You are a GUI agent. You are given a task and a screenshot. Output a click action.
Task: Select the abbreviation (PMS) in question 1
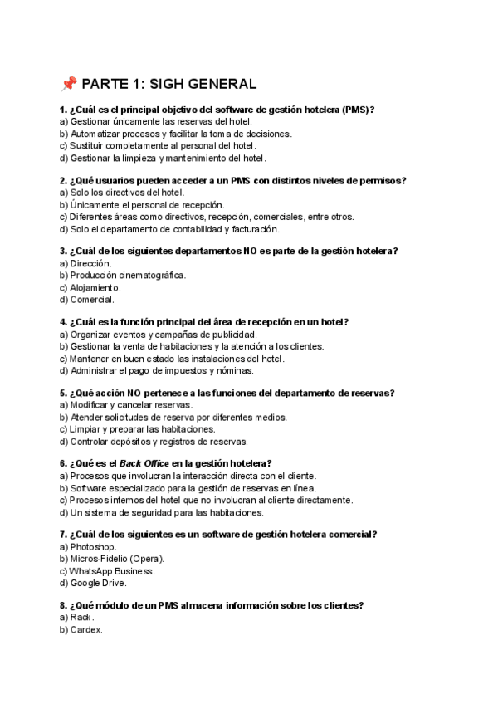tap(357, 110)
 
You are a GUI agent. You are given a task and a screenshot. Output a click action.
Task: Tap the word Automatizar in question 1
tap(97, 134)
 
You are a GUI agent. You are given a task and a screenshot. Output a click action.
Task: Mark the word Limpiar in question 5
tap(88, 429)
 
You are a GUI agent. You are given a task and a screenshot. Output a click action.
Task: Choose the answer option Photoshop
tap(94, 547)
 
